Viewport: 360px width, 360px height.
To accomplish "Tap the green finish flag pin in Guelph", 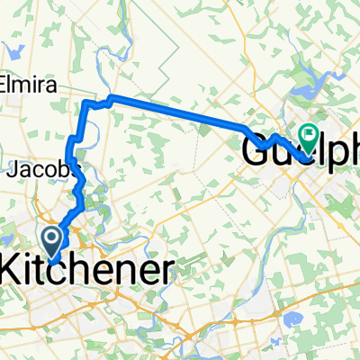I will [309, 138].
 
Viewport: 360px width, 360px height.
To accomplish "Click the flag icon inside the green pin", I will [309, 136].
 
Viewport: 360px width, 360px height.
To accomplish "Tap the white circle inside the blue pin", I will [51, 238].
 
